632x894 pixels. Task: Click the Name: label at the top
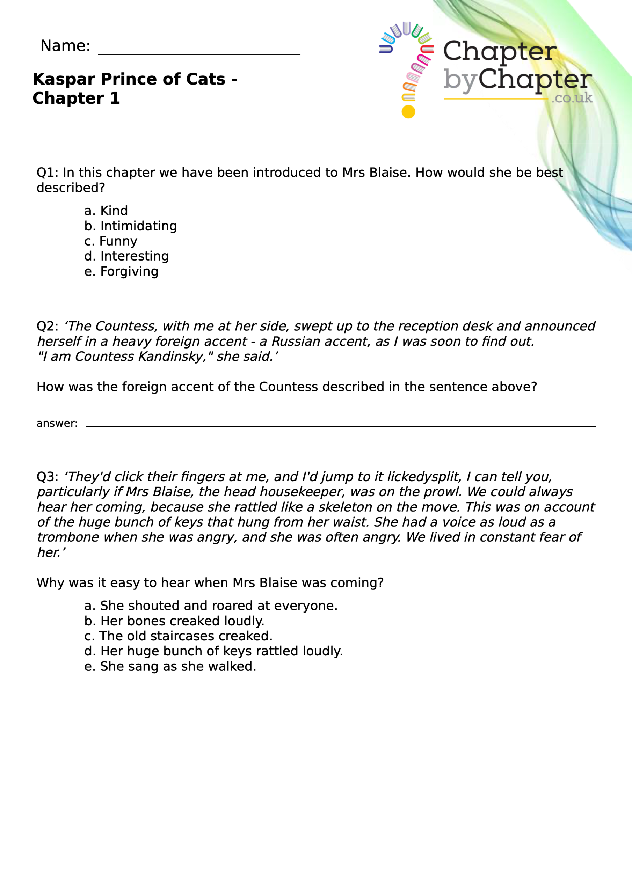pyautogui.click(x=65, y=46)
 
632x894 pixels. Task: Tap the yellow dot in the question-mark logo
pyautogui.click(x=408, y=112)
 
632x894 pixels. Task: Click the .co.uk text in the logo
pyautogui.click(x=572, y=98)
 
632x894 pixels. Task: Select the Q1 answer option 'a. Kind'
pyautogui.click(x=106, y=211)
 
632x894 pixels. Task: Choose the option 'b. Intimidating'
pyautogui.click(x=131, y=226)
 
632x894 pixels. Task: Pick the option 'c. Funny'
pyautogui.click(x=111, y=241)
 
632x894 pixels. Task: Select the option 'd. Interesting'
pyautogui.click(x=126, y=256)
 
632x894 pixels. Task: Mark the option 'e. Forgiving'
pyautogui.click(x=121, y=271)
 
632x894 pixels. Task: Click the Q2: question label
pyautogui.click(x=47, y=326)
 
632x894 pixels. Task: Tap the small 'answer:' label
pyautogui.click(x=57, y=423)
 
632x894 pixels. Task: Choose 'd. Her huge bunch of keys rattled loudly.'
pyautogui.click(x=213, y=651)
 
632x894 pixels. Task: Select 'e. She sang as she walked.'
pyautogui.click(x=170, y=666)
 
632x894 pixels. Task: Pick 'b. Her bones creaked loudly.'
pyautogui.click(x=174, y=621)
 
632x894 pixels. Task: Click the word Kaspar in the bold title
pyautogui.click(x=64, y=79)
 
